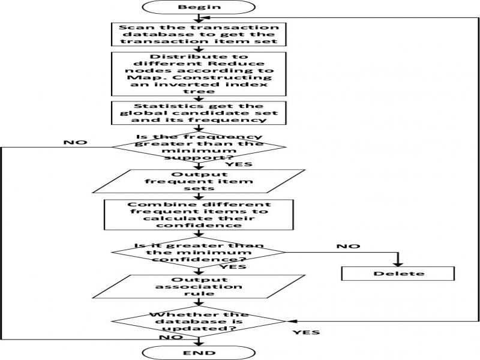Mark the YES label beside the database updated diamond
[x=306, y=332]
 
